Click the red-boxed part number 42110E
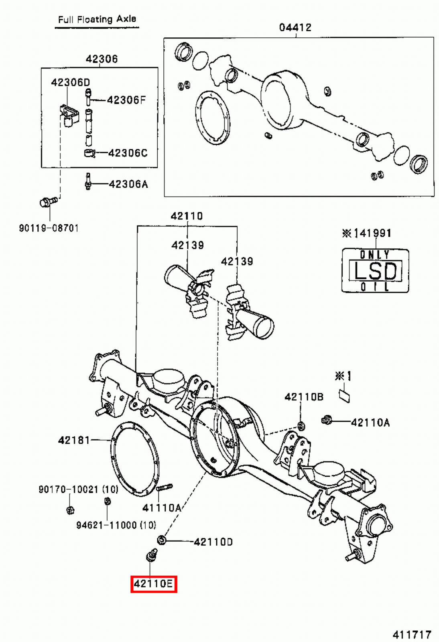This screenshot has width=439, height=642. pos(154,583)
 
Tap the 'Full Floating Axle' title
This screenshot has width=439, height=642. pos(97,19)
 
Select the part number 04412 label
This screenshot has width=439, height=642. pos(295,27)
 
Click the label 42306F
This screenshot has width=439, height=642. pos(126,100)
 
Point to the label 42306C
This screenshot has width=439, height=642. pos(128,153)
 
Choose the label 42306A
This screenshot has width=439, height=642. pos(128,184)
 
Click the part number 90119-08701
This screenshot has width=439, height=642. pos(49,228)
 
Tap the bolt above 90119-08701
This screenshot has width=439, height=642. pos(46,202)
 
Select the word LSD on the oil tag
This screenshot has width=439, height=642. pos(375,271)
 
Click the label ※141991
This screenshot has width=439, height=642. pos(367,233)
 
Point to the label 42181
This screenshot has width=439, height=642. pos(74,440)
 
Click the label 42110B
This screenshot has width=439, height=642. pos(304,397)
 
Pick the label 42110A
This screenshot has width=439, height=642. pos(370,422)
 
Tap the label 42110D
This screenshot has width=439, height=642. pos(213,542)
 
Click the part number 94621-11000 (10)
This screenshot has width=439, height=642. pos(116,525)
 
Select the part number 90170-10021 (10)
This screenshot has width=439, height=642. pos(78,489)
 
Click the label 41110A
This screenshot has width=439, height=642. pos(162,508)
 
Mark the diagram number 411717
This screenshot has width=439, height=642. pos(412,634)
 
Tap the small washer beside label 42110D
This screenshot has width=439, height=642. pos(161,540)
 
